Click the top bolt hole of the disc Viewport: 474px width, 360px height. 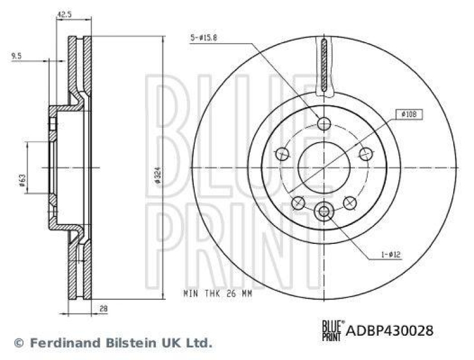tap(324, 123)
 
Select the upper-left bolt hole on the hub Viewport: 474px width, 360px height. tap(282, 155)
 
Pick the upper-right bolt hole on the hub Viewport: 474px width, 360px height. tap(365, 155)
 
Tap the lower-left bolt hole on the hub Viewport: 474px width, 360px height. tap(298, 203)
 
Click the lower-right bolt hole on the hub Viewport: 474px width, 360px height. tap(350, 203)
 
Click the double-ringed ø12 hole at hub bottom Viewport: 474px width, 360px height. tap(324, 210)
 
